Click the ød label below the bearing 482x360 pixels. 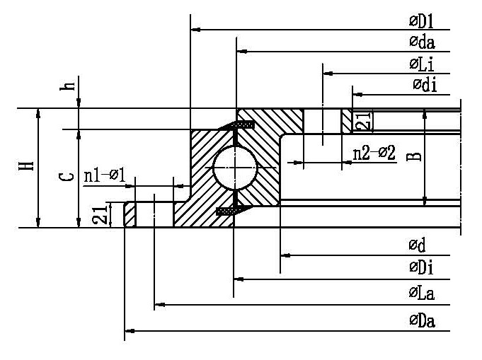416,245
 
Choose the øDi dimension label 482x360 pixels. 420,267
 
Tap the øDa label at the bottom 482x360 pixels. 421,321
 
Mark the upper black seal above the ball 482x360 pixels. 243,126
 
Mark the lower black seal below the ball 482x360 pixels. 227,211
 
